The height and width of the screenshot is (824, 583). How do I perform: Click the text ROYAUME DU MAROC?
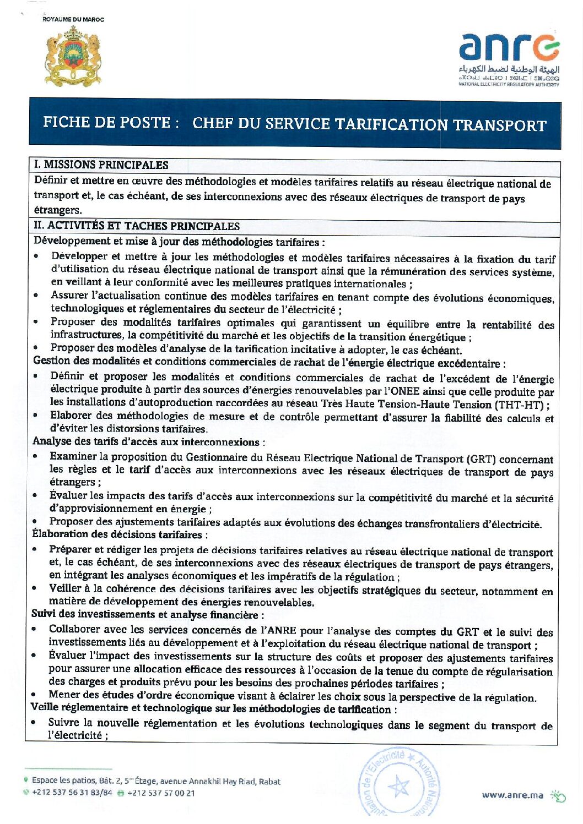coord(73,19)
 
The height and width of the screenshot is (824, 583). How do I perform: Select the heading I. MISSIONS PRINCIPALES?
coord(101,165)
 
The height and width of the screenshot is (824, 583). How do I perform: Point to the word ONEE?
coord(404,391)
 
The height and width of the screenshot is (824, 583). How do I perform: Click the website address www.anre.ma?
coord(512,795)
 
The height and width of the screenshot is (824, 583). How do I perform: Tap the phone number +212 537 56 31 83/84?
coord(72,793)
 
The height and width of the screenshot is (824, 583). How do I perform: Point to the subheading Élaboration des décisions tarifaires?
coord(117,534)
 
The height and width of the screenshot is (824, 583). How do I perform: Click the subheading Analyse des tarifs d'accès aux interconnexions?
coord(145,441)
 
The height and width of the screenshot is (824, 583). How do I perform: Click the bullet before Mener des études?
coord(35,696)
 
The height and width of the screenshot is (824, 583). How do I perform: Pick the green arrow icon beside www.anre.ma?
coord(558,795)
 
